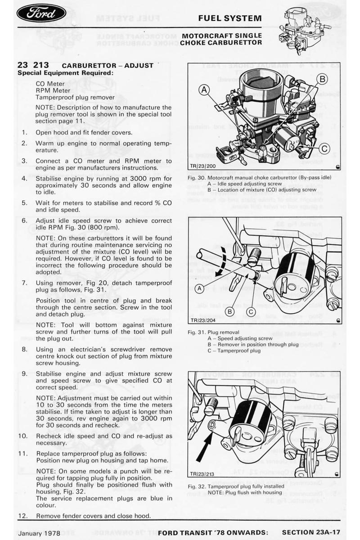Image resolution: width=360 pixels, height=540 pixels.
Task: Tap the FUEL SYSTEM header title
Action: pos(230,18)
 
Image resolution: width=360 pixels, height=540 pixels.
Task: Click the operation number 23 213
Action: pos(33,65)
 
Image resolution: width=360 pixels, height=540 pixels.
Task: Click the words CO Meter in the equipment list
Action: pos(50,84)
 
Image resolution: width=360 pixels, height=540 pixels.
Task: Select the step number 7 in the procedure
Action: pos(24,283)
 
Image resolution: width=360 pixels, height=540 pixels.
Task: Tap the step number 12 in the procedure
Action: pos(22,516)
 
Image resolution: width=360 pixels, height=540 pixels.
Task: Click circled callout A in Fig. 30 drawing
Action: pos(205,90)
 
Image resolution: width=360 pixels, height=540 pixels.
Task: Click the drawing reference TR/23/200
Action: pos(202,166)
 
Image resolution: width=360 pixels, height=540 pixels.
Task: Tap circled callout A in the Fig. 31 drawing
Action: pos(198,289)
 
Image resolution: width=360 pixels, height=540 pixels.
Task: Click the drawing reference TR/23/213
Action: pos(202,473)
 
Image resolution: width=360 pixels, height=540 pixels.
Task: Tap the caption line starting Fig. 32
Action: pos(236,486)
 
